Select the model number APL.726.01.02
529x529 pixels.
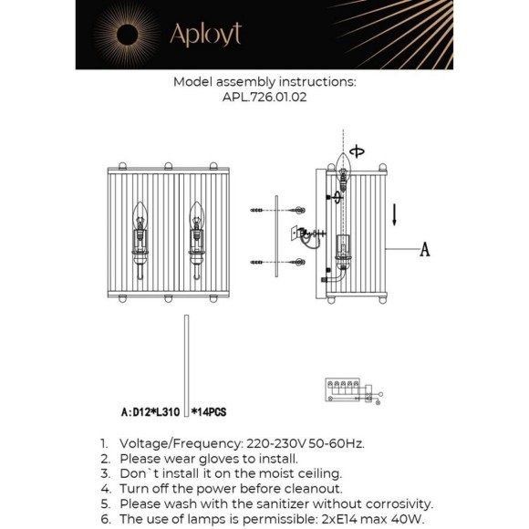tap(264, 99)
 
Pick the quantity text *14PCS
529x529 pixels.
tap(208, 412)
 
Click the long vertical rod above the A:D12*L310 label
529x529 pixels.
tap(186, 360)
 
